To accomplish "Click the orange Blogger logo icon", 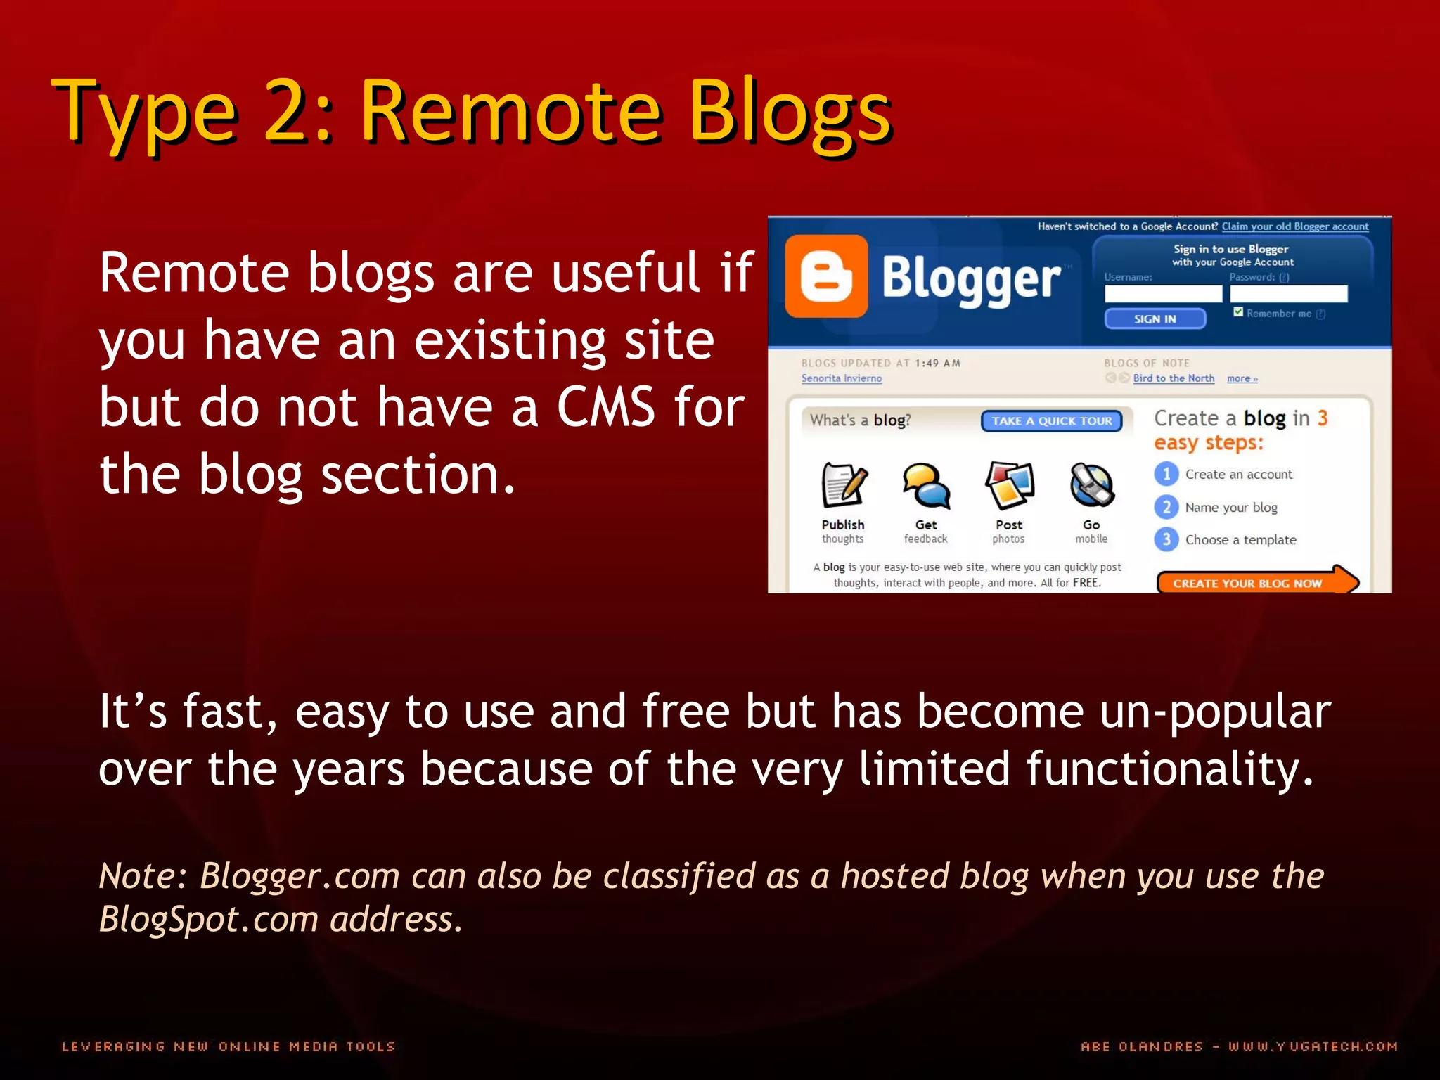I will [x=826, y=276].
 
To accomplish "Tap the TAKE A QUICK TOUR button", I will [x=1051, y=420].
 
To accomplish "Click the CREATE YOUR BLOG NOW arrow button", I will [x=1256, y=582].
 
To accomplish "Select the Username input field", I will [x=1163, y=294].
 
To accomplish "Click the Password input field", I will [x=1288, y=294].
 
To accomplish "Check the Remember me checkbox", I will [x=1238, y=312].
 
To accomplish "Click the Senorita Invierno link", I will [x=841, y=378].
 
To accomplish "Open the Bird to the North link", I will [x=1174, y=378].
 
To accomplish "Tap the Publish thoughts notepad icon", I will [x=844, y=485].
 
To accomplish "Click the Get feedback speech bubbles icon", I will [x=926, y=485].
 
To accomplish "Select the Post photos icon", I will [x=1009, y=485].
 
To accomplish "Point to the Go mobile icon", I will [x=1091, y=485].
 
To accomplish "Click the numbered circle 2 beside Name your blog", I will [x=1166, y=507].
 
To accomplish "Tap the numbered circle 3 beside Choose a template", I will [x=1166, y=539].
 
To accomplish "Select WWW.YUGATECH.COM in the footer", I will [x=1313, y=1046].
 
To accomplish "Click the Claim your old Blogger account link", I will [x=1294, y=226].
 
